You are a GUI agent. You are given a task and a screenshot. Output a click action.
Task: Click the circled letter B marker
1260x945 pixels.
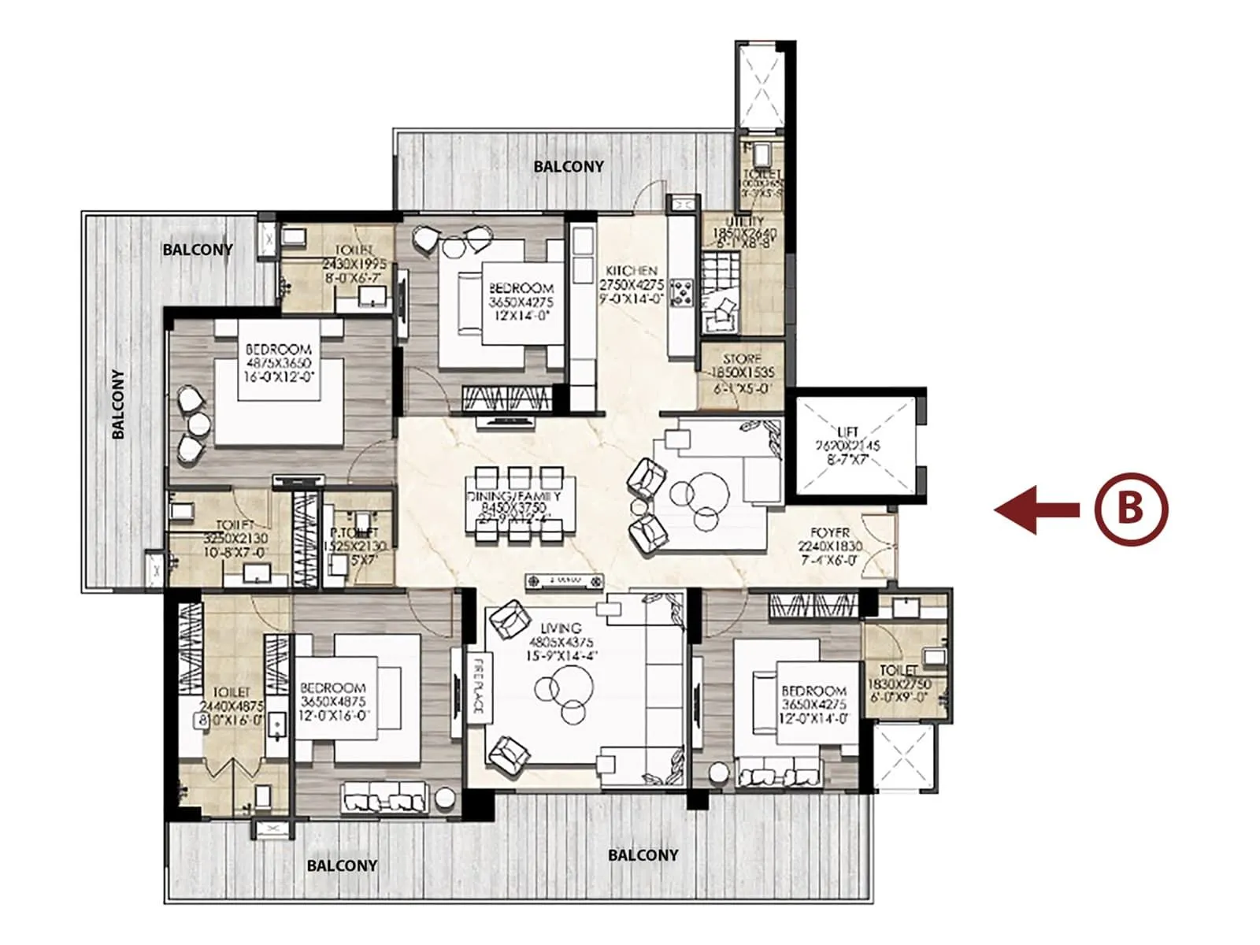(x=1130, y=510)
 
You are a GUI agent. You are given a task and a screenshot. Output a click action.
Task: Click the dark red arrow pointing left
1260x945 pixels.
(x=1036, y=510)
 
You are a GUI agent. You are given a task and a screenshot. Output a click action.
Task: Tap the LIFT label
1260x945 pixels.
(x=848, y=432)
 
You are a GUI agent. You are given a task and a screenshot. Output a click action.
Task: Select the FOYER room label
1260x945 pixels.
(x=830, y=533)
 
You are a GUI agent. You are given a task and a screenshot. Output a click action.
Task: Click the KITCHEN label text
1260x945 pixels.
(x=632, y=270)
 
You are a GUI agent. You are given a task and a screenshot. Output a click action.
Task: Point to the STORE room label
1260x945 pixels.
(x=742, y=358)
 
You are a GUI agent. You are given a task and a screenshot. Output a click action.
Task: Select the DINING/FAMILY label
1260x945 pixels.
(x=514, y=496)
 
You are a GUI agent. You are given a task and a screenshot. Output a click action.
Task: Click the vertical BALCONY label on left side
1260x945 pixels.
(x=118, y=404)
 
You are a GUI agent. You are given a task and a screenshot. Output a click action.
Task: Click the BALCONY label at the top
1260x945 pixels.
(x=569, y=166)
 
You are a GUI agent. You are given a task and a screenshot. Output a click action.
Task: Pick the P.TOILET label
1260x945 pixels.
(x=354, y=533)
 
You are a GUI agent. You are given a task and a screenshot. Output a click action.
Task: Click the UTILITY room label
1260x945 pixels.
(x=744, y=222)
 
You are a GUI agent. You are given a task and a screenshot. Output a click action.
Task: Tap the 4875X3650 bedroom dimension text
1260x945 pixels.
(x=279, y=363)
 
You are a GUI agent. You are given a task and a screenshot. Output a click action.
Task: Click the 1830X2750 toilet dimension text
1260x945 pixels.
(x=899, y=684)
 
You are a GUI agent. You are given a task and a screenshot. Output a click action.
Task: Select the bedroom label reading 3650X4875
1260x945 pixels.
(x=333, y=701)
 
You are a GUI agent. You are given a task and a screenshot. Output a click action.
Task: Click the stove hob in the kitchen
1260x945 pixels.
(x=680, y=293)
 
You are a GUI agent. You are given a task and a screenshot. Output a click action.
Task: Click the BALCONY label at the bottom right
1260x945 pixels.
(x=643, y=854)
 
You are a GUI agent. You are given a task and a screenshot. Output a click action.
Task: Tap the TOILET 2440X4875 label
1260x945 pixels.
(x=231, y=692)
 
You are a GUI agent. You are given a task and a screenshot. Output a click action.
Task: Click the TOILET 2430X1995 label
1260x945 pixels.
(x=356, y=250)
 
